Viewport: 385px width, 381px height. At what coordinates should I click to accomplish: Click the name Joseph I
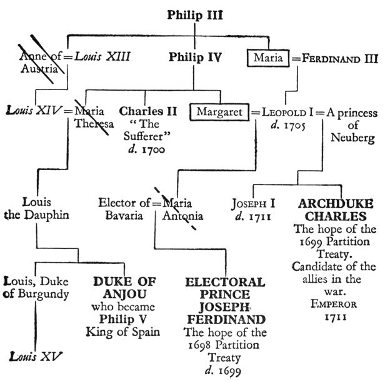click(254, 204)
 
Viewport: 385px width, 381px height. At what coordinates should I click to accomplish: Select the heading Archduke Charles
click(336, 210)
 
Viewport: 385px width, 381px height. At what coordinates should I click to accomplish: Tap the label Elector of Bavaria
click(125, 209)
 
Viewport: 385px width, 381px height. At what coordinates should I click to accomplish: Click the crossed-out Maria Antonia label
click(181, 209)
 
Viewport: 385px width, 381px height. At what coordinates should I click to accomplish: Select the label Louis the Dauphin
click(35, 209)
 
